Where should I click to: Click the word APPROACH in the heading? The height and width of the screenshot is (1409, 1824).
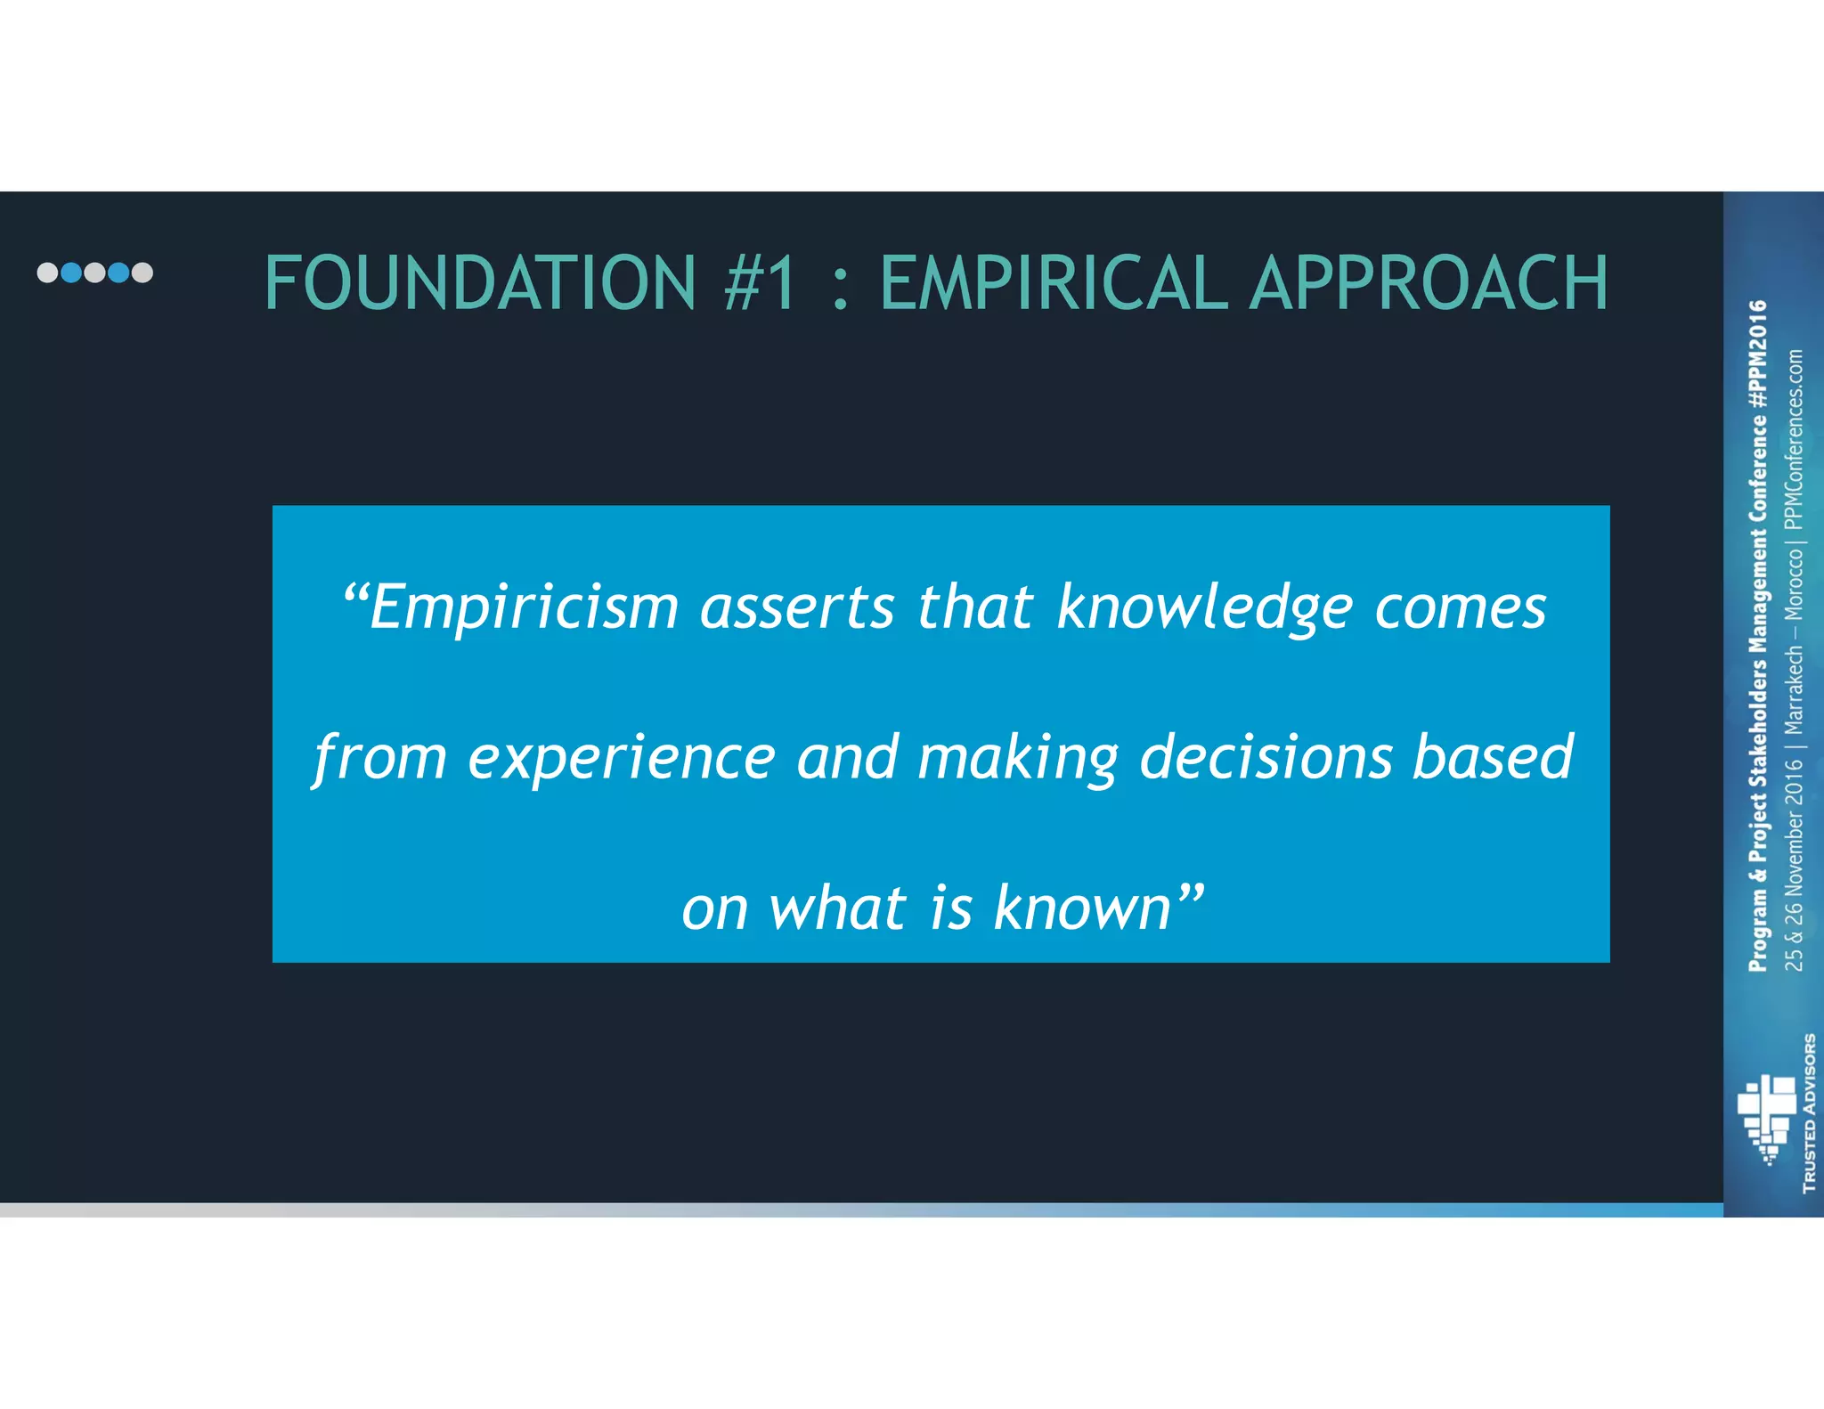[x=1429, y=283]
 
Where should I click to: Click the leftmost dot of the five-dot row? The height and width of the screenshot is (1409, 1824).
[x=47, y=273]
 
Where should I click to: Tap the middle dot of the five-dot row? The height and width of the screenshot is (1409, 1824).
[x=94, y=273]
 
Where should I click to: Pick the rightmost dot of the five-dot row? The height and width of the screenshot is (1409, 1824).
[x=142, y=273]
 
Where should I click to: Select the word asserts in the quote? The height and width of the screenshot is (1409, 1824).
[x=797, y=608]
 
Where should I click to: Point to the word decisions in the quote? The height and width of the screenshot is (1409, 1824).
[x=1266, y=758]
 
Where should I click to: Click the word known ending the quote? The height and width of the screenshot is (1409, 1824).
[x=1081, y=908]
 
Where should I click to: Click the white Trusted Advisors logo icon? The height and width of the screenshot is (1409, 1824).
[x=1767, y=1119]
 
